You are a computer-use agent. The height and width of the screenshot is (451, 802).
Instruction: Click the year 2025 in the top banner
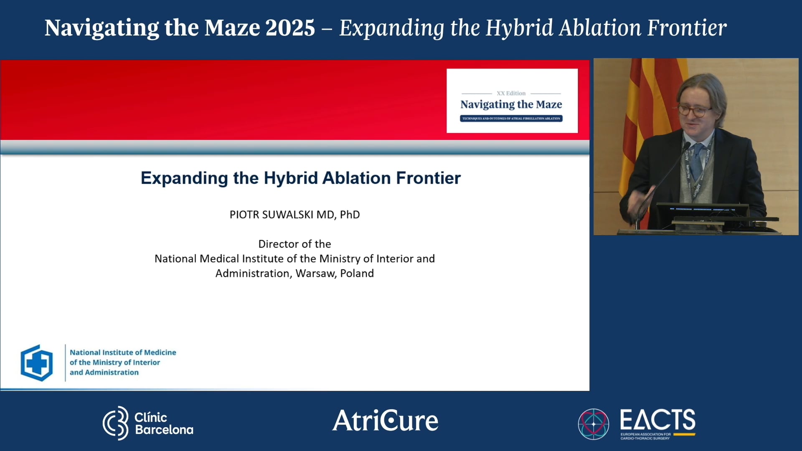(x=290, y=28)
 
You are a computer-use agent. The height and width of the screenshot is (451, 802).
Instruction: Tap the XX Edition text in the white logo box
(x=511, y=93)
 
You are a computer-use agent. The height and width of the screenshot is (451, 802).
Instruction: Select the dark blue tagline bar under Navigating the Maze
(x=511, y=119)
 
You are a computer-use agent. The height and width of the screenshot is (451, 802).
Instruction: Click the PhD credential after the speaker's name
(x=350, y=215)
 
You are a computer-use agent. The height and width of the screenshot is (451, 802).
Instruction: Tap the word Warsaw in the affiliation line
(x=314, y=274)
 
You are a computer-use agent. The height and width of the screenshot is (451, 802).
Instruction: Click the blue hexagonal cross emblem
(x=37, y=363)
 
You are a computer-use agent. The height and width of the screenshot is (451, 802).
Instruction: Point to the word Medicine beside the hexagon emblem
(x=160, y=352)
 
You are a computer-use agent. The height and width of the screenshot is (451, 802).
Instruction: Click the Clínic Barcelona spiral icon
(x=116, y=423)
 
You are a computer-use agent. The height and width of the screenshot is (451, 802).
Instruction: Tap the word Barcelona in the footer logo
(x=164, y=430)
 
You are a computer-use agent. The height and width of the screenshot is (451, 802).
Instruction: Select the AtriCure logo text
(x=385, y=421)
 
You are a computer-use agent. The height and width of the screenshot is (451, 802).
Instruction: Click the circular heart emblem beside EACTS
(x=593, y=424)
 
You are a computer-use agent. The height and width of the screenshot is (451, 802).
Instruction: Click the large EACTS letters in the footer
(x=657, y=420)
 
